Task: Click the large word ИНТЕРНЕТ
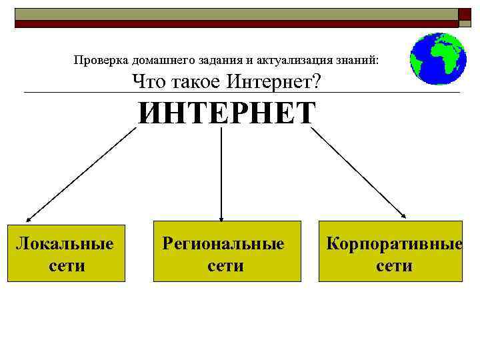227,113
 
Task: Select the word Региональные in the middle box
223,243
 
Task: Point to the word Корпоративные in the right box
394,243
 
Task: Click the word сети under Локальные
67,265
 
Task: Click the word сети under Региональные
225,266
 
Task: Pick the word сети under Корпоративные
394,266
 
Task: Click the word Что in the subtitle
147,83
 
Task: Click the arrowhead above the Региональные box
221,217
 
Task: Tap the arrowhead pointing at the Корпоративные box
404,215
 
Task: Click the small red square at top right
464,13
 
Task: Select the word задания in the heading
209,61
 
